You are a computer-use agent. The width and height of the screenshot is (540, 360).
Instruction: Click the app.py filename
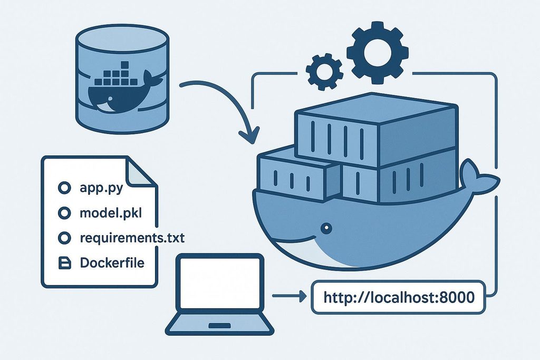(101, 188)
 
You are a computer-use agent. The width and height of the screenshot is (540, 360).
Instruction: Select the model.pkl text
(111, 213)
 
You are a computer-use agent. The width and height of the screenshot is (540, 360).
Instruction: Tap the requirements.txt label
(132, 238)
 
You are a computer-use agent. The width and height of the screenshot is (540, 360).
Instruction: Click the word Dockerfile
(112, 262)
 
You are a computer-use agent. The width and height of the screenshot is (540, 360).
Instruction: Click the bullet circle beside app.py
(64, 188)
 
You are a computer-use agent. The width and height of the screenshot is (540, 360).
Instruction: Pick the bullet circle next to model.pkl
(64, 213)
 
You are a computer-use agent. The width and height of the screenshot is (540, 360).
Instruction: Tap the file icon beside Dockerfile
(64, 263)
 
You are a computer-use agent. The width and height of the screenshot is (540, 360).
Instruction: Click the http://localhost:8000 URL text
(399, 297)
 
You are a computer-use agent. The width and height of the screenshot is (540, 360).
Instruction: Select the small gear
(324, 72)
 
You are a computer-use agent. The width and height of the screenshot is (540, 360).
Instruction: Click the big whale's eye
(326, 228)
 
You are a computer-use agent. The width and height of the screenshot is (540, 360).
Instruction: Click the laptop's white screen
(220, 283)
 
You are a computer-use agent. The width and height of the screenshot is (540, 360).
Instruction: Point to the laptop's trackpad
(220, 326)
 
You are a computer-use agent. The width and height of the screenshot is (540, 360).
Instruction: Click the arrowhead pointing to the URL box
(302, 296)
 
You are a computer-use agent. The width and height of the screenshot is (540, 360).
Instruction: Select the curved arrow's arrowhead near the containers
(249, 137)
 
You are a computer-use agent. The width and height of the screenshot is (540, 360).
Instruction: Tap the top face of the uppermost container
(377, 108)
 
